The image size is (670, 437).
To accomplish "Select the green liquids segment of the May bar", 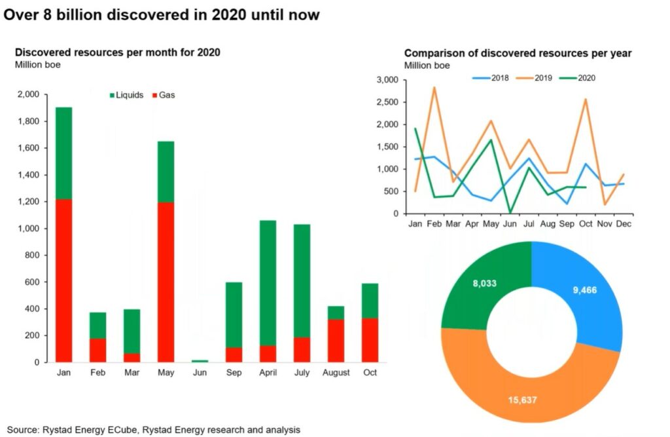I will point(166,172).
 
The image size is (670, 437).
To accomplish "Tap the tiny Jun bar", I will point(200,361).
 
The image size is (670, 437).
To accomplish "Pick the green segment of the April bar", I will point(268,282).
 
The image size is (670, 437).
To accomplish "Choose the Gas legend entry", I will point(167,95).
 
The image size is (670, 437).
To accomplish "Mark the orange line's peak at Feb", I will point(434,87).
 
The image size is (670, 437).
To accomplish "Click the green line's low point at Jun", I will point(509,213).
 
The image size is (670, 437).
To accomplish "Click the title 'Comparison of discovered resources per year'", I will point(518,53).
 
